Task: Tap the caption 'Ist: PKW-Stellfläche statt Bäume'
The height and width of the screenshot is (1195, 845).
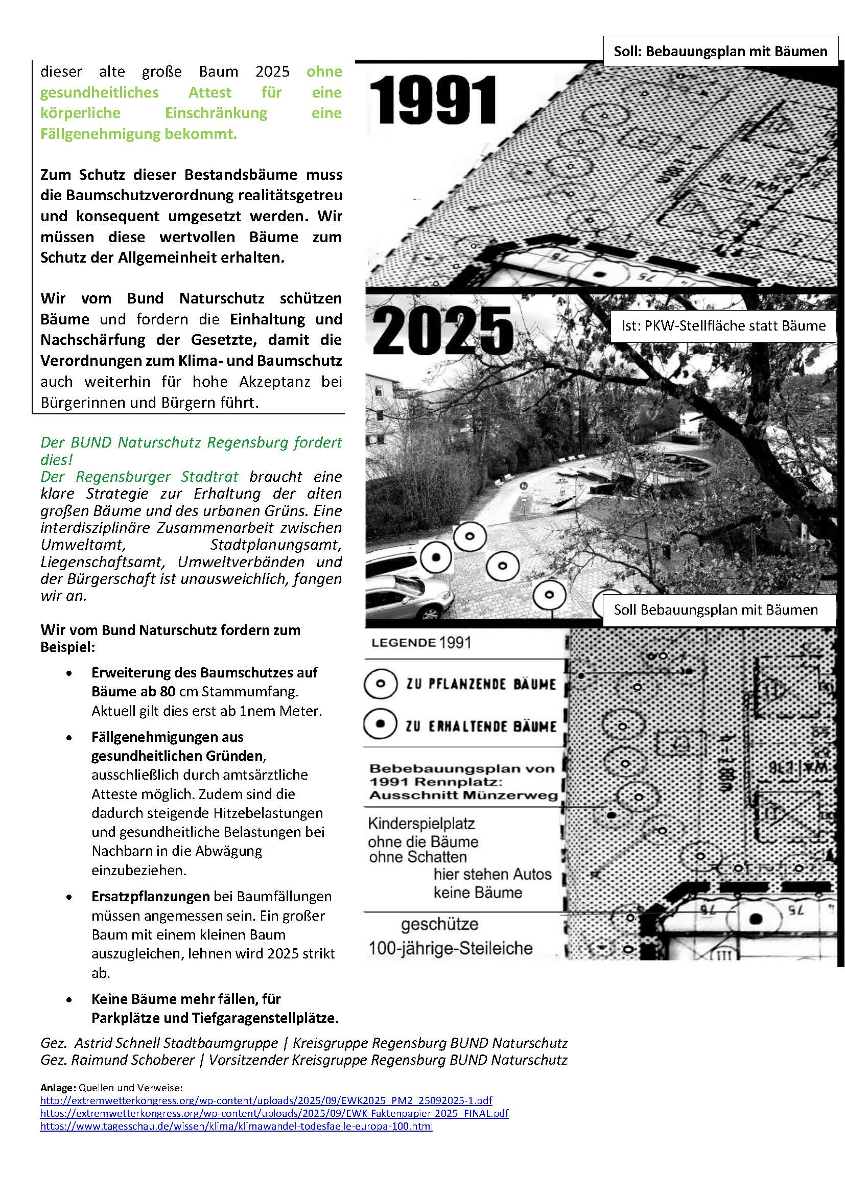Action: (x=723, y=326)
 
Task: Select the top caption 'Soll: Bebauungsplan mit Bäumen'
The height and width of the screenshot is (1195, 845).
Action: (x=720, y=51)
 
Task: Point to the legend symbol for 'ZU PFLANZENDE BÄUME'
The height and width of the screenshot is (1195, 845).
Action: (x=381, y=684)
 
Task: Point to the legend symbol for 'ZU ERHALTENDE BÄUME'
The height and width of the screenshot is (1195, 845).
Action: (x=381, y=725)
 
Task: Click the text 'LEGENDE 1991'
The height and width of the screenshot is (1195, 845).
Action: (x=421, y=643)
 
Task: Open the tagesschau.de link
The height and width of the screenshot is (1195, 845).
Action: (x=236, y=1127)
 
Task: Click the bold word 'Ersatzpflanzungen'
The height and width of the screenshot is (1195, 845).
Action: (x=150, y=896)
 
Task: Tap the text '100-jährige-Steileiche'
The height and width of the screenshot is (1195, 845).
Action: (x=450, y=948)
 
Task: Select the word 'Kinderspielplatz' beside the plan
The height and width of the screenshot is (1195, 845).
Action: (x=421, y=824)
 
